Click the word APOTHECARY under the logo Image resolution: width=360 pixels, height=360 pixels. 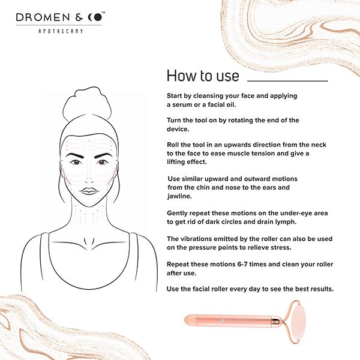pyautogui.click(x=61, y=31)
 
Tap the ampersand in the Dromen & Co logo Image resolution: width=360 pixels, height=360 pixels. pyautogui.click(x=79, y=17)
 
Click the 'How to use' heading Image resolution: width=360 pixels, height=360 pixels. pyautogui.click(x=203, y=76)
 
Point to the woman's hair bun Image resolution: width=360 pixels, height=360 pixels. pyautogui.click(x=87, y=103)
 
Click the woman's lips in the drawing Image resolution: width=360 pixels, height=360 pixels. pyautogui.click(x=89, y=191)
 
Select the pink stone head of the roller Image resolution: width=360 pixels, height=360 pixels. pyautogui.click(x=298, y=322)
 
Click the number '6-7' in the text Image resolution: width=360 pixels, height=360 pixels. pyautogui.click(x=242, y=264)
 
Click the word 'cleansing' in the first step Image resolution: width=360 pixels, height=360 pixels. pyautogui.click(x=208, y=96)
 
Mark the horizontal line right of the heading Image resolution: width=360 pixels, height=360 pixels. pyautogui.click(x=287, y=81)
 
